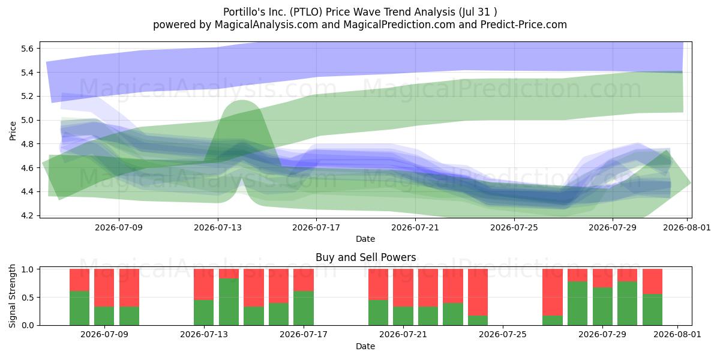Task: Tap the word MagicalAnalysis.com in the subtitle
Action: pyautogui.click(x=266, y=25)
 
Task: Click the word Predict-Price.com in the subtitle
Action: pyautogui.click(x=524, y=25)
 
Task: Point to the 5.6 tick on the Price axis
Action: pyautogui.click(x=28, y=49)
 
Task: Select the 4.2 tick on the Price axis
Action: pyautogui.click(x=28, y=215)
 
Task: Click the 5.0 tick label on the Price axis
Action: pyautogui.click(x=28, y=120)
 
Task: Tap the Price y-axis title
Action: pyautogui.click(x=13, y=131)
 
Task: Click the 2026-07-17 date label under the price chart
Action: pyautogui.click(x=316, y=227)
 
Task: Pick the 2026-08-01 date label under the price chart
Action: pyautogui.click(x=687, y=227)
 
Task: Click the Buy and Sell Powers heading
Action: pyautogui.click(x=366, y=257)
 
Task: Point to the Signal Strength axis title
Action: pyautogui.click(x=12, y=296)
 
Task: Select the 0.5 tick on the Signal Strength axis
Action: pyautogui.click(x=28, y=298)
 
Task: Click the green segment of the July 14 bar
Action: pyautogui.click(x=229, y=302)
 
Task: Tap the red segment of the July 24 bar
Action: pyautogui.click(x=478, y=292)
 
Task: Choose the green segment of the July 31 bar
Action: pyautogui.click(x=653, y=310)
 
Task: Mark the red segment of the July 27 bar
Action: pyautogui.click(x=553, y=292)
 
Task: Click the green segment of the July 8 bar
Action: pyautogui.click(x=79, y=308)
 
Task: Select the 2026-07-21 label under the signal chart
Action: pyautogui.click(x=403, y=335)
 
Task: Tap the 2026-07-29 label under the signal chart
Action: pyautogui.click(x=602, y=335)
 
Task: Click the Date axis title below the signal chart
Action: pyautogui.click(x=365, y=346)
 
